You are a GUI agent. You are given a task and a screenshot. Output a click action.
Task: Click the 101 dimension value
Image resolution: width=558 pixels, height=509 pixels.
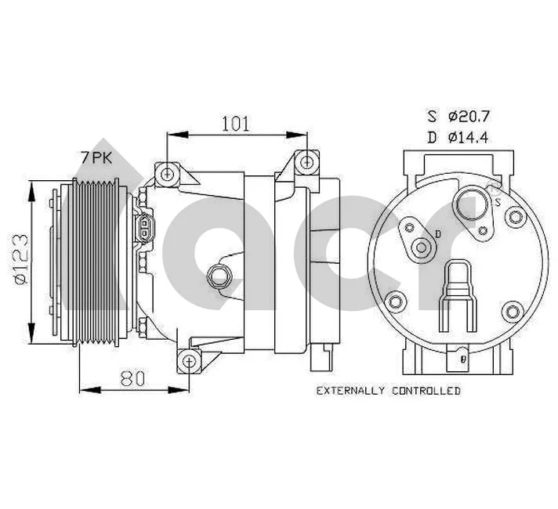236,123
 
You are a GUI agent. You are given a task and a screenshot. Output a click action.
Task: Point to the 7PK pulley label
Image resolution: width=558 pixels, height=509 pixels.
96,157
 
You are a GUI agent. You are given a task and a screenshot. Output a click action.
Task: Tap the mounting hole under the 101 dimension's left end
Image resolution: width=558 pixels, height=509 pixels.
165,173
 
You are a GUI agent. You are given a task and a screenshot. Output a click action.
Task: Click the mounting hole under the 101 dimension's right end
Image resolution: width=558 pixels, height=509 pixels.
307,163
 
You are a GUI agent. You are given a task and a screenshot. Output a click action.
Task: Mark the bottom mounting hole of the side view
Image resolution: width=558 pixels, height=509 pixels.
188,361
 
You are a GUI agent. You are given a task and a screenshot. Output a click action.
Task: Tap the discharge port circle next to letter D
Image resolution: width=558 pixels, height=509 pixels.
423,249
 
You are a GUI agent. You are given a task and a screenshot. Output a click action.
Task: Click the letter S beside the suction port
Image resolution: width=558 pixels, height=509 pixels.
497,201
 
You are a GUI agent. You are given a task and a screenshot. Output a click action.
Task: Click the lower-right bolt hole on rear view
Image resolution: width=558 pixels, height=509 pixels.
513,312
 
